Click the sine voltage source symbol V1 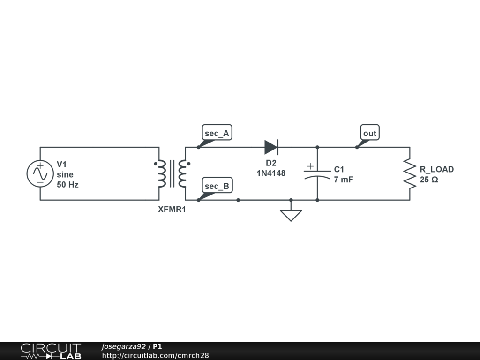click(40, 173)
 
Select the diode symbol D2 click(271, 147)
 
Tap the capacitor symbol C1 click(317, 174)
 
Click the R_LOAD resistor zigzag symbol click(410, 174)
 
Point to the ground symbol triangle click(291, 215)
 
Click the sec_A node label click(217, 133)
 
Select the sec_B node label click(217, 186)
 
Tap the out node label click(369, 133)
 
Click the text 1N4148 click(271, 173)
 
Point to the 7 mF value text click(343, 180)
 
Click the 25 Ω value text click(429, 180)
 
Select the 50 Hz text click(67, 185)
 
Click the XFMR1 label click(172, 210)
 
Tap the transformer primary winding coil click(162, 174)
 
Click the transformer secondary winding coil click(182, 174)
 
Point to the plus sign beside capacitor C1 click(310, 166)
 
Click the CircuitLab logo click(51, 351)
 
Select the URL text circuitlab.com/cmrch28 click(155, 356)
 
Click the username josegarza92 click(123, 347)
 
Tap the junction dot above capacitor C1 click(317, 147)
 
